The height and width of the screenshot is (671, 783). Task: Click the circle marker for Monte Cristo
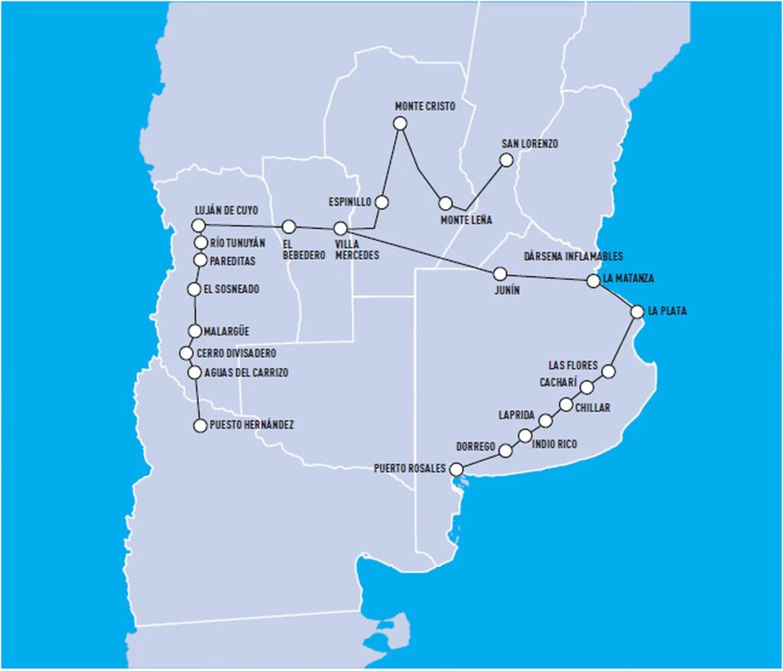click(x=399, y=123)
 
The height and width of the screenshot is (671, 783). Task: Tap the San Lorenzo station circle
click(x=505, y=160)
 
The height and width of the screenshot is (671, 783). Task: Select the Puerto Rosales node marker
click(x=456, y=469)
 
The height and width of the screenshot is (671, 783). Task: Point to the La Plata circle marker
click(x=637, y=311)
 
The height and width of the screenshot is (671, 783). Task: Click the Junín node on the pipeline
click(x=500, y=273)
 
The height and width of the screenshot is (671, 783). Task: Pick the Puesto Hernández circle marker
click(x=199, y=425)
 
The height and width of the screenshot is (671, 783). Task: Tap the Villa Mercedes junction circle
click(x=341, y=228)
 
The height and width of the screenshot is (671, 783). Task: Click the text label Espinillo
click(x=349, y=202)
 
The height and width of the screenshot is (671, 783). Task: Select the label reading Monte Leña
click(x=466, y=220)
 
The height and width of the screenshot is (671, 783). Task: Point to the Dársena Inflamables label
click(x=573, y=256)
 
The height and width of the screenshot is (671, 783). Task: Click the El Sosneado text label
click(x=232, y=289)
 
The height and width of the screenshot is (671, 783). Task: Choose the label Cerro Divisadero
click(x=236, y=353)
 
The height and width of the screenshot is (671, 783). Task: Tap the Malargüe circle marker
click(x=196, y=331)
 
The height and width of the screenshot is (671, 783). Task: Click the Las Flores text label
click(x=573, y=365)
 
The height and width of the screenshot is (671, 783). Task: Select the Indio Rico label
click(x=554, y=444)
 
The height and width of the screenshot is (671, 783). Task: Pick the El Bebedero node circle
click(x=288, y=226)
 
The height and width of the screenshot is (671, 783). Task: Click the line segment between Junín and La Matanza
click(x=547, y=277)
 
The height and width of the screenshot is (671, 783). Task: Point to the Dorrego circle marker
click(x=505, y=451)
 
